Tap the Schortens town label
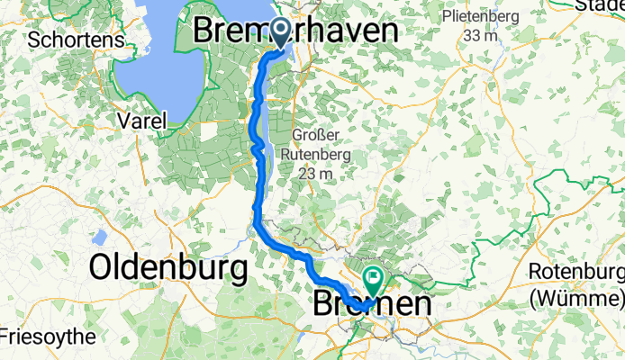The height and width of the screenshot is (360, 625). point(69,40)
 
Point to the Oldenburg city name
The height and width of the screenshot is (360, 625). point(168,267)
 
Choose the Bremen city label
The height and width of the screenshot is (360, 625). point(372,305)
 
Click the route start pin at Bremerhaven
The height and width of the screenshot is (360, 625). point(280,34)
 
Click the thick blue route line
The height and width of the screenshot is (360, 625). point(259,180)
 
